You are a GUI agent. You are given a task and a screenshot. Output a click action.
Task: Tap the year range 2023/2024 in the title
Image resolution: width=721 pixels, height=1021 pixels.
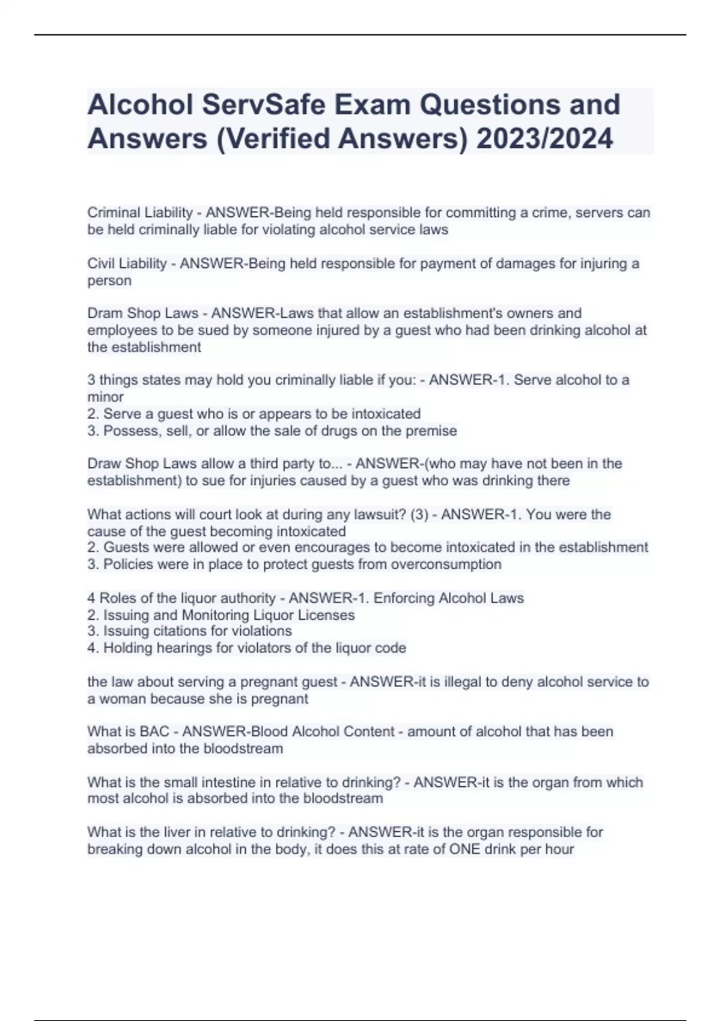[544, 139]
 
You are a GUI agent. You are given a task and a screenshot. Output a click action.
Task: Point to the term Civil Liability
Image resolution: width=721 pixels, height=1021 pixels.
[127, 263]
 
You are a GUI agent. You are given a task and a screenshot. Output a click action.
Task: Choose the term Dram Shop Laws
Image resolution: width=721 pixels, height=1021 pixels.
[142, 313]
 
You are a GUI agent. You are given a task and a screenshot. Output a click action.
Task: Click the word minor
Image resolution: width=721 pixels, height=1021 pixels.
[105, 397]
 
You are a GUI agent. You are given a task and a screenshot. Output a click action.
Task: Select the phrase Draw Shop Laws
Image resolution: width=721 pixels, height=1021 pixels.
[142, 464]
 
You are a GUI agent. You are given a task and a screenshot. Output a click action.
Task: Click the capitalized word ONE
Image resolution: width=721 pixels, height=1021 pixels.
[464, 849]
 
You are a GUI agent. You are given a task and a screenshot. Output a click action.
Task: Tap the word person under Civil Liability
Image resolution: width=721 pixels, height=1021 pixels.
[109, 280]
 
